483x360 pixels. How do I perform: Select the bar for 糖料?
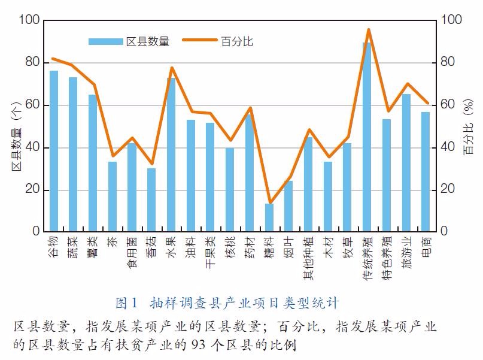point(269,217)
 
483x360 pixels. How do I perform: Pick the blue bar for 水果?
point(171,155)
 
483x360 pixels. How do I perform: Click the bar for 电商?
point(426,171)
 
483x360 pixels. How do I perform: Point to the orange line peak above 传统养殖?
point(368,29)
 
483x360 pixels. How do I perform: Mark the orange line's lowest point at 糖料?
point(269,203)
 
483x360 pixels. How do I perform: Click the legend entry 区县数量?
point(129,41)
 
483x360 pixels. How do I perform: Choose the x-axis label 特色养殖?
point(387,255)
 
